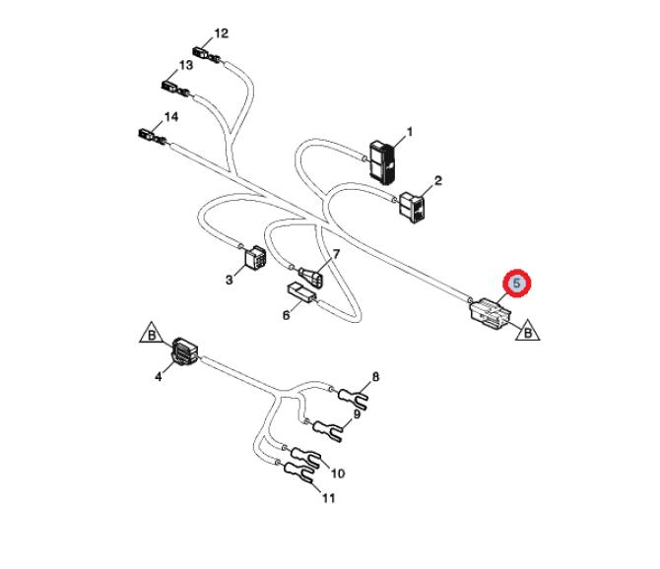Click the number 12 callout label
pos(222,32)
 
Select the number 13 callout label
pos(186,65)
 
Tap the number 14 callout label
pos(171,116)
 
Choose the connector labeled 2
pos(414,206)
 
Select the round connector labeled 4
pos(184,352)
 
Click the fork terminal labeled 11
pos(298,476)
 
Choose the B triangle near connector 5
pos(528,330)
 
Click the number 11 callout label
pos(328,499)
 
